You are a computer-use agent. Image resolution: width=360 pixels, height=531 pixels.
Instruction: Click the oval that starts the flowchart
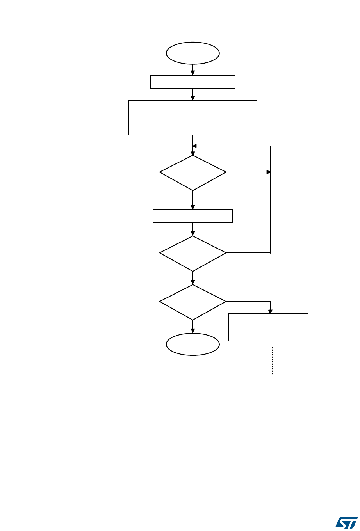pos(193,53)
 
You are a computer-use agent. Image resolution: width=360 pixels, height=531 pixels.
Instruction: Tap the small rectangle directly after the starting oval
pos(193,82)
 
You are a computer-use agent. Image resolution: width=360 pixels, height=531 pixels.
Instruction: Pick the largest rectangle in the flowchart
pos(193,118)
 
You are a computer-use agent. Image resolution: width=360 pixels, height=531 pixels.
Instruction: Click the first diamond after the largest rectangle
pos(193,172)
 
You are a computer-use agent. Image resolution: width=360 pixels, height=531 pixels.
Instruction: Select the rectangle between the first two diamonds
pos(193,216)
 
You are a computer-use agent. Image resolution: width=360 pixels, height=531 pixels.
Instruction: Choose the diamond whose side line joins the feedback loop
pos(193,253)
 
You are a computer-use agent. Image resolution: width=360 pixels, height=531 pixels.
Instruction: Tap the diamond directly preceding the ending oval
pos(193,302)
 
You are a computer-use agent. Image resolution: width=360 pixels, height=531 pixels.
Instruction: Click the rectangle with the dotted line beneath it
pos(268,327)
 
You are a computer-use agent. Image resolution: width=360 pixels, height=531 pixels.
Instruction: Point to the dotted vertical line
pos(272,361)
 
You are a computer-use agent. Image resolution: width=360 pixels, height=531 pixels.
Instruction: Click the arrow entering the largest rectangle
pos(193,95)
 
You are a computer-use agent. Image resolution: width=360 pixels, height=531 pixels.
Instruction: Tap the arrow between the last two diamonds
pos(193,278)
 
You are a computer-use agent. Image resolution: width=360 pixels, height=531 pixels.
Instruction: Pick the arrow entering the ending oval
pos(193,327)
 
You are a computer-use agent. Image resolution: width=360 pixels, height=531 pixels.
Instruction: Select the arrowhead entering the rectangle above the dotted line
pos(271,311)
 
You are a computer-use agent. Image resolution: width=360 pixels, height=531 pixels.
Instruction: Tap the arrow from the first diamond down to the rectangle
pos(193,200)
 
